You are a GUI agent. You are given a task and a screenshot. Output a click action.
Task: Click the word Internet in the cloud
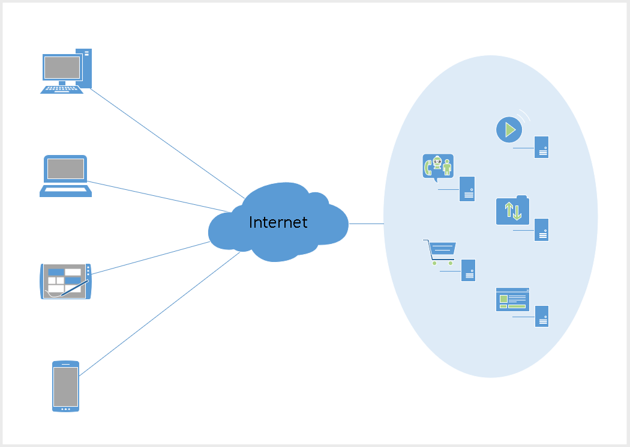(278, 222)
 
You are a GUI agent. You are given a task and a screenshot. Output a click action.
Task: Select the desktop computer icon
(66, 70)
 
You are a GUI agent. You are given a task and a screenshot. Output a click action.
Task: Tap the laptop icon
(65, 175)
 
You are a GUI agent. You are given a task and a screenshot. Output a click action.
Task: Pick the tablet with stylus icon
(65, 281)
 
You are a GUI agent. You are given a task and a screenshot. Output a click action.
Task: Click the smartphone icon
(65, 386)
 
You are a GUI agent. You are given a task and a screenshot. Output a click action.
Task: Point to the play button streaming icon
(509, 129)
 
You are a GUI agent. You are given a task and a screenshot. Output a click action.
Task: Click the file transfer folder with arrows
(512, 211)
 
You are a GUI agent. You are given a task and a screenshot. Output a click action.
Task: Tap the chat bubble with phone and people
(438, 167)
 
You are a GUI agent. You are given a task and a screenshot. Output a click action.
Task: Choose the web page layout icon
(512, 299)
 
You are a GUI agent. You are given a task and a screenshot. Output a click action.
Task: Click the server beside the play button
(541, 147)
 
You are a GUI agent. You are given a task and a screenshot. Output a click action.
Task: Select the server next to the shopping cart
(468, 270)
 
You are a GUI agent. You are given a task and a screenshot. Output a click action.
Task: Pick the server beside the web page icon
(541, 316)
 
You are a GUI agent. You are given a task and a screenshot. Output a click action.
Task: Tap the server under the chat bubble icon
(467, 189)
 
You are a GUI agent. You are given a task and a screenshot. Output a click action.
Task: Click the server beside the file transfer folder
(541, 230)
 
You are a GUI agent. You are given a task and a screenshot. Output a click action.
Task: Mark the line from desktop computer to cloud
(168, 143)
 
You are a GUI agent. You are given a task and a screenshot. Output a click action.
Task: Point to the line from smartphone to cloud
(159, 314)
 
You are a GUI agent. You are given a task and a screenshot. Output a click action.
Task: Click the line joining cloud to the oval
(366, 223)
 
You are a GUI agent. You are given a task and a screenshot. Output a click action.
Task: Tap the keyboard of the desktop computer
(62, 89)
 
